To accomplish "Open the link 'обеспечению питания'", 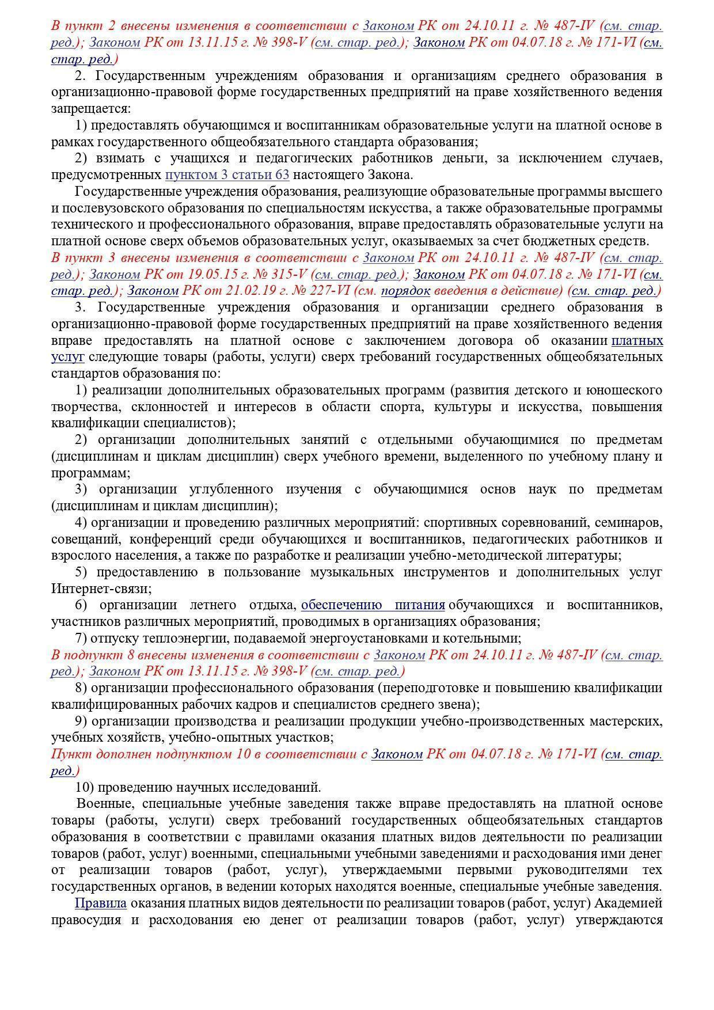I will pos(373,605).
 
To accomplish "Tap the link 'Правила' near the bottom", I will pos(100,903).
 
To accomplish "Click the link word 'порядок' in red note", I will pos(405,291).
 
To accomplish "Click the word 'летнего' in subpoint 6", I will pos(212,605).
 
